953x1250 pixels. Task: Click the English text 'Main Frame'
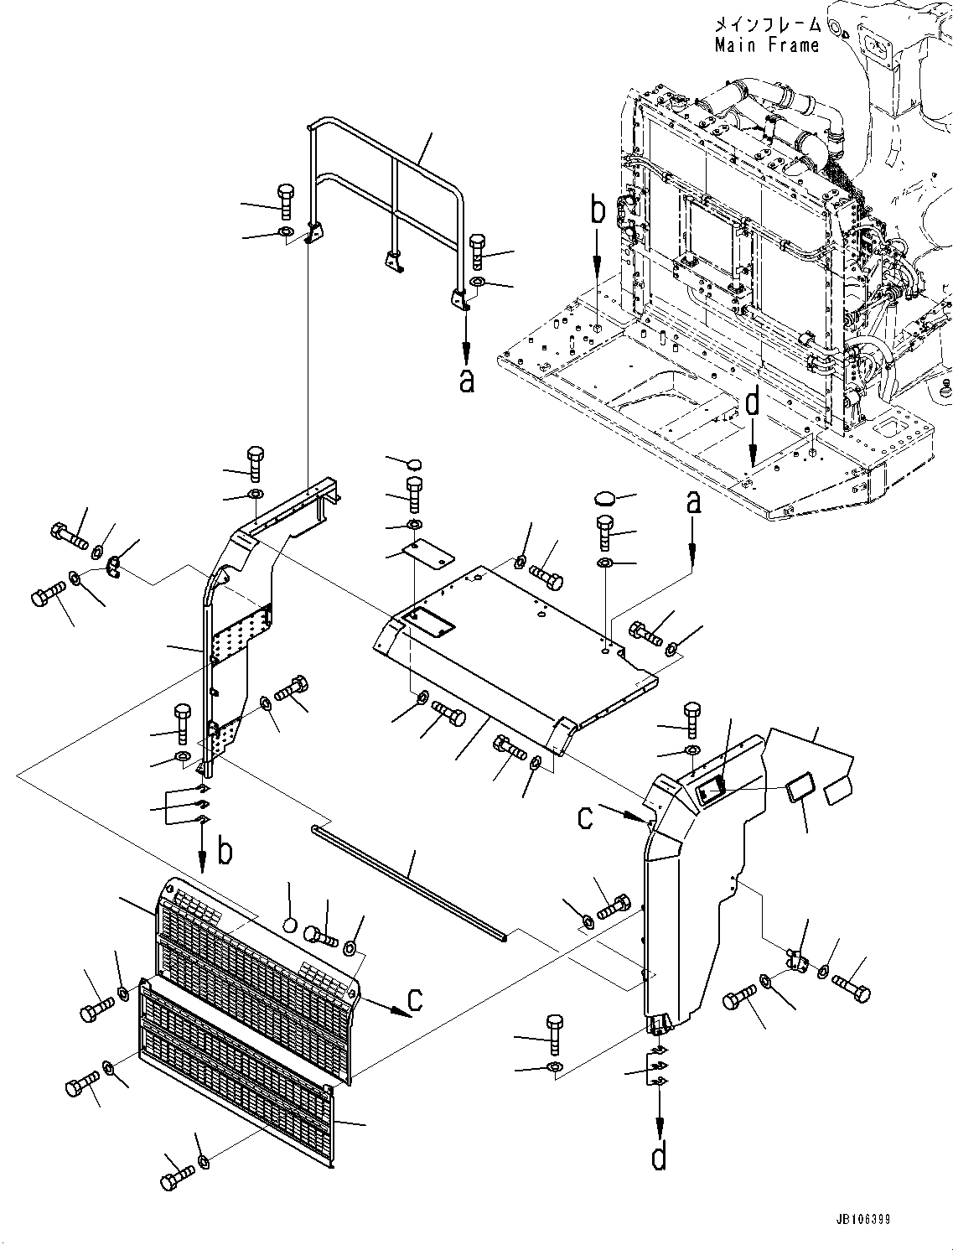[x=766, y=45]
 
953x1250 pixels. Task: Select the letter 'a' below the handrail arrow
[x=466, y=381]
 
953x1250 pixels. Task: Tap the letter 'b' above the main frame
[x=597, y=211]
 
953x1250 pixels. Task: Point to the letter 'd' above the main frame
[x=753, y=403]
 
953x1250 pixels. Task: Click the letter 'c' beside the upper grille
[x=414, y=999]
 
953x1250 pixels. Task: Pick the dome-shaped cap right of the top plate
[x=603, y=499]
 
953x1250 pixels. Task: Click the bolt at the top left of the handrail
[x=284, y=198]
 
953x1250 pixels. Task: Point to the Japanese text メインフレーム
[x=766, y=25]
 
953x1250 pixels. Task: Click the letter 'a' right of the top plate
[x=692, y=504]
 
